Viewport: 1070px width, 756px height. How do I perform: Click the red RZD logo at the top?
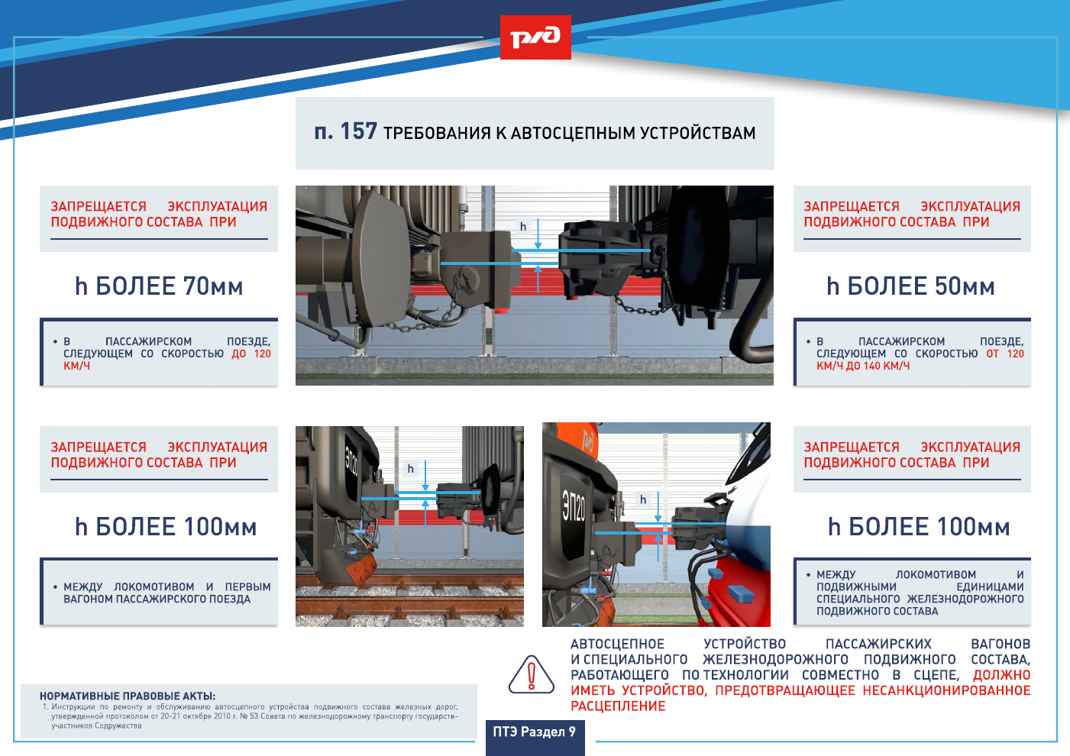click(535, 37)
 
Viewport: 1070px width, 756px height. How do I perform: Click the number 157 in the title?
click(358, 131)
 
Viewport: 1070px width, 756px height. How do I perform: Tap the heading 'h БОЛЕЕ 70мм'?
click(159, 286)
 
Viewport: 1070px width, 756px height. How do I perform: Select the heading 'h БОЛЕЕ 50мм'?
click(911, 286)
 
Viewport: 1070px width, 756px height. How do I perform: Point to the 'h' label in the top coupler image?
click(523, 226)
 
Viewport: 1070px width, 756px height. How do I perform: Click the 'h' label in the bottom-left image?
click(410, 469)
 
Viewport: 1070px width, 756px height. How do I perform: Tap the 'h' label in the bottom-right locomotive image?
click(643, 499)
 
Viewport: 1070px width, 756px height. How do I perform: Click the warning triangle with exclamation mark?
click(531, 674)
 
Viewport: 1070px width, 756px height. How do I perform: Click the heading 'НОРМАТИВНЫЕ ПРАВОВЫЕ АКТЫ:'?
click(128, 696)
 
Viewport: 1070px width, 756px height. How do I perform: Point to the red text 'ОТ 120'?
click(1005, 354)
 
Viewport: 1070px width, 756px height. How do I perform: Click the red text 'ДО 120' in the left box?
click(251, 354)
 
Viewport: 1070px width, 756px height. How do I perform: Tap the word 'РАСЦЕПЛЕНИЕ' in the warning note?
click(618, 706)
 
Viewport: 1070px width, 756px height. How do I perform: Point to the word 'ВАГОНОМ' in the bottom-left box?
click(89, 599)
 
